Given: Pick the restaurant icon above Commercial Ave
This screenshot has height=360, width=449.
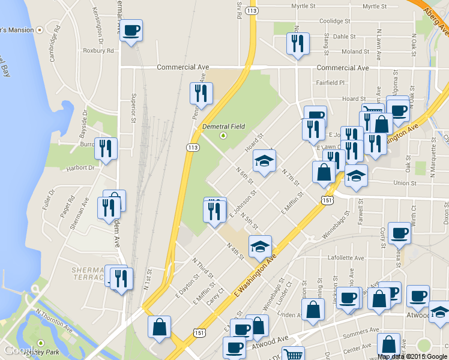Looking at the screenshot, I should pyautogui.click(x=298, y=43).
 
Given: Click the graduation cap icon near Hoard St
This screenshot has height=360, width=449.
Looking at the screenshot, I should pyautogui.click(x=264, y=161).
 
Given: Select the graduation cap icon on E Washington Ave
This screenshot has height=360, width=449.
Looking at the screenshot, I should pyautogui.click(x=260, y=246).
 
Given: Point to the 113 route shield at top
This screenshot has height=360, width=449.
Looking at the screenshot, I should pyautogui.click(x=252, y=11).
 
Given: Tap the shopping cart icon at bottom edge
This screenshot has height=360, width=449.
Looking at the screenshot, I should pyautogui.click(x=293, y=354).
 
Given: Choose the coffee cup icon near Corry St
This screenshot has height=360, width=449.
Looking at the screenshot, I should pyautogui.click(x=399, y=233).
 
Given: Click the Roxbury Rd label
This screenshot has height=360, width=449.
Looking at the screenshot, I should pyautogui.click(x=98, y=51).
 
